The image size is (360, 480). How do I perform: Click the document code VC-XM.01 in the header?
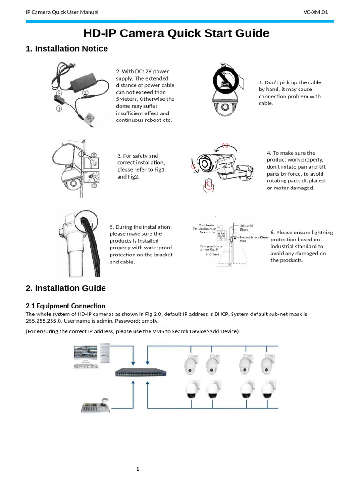click(319, 12)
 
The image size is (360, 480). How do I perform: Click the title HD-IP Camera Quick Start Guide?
click(176, 33)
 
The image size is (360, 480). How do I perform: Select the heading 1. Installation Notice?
click(67, 49)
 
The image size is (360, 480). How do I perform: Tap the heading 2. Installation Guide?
click(66, 288)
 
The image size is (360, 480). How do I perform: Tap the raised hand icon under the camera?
click(208, 185)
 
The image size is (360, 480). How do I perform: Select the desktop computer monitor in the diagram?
click(85, 357)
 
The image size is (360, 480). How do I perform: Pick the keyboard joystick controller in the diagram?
click(96, 406)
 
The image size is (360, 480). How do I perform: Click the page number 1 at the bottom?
click(138, 469)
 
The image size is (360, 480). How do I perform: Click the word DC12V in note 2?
click(139, 72)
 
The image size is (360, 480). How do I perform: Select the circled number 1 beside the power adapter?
click(59, 109)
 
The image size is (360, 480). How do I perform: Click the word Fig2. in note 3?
click(134, 177)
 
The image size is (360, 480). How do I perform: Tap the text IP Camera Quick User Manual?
click(62, 12)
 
